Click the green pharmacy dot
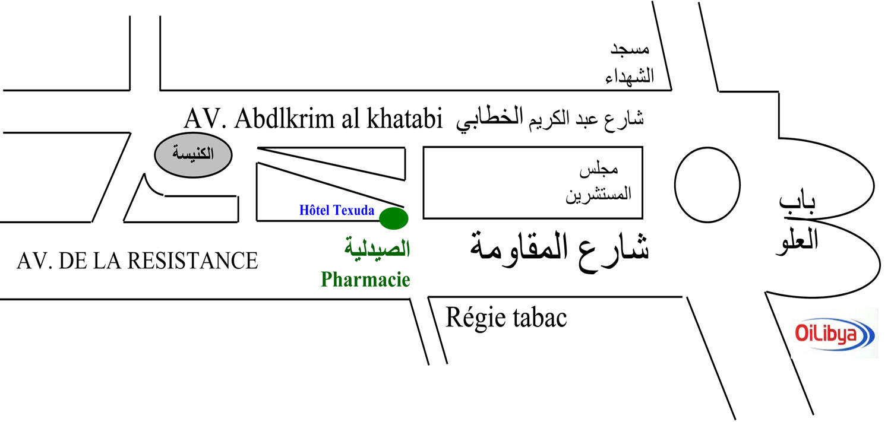coord(394,218)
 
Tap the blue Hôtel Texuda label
coord(337,210)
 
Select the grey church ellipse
coord(193,156)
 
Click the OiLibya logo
coord(834,334)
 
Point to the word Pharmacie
coord(365,279)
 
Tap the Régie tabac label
coord(506,318)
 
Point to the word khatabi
coord(404,119)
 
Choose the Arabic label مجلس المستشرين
coord(597,182)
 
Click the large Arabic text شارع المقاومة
coord(560,248)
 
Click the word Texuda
coord(353,210)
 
